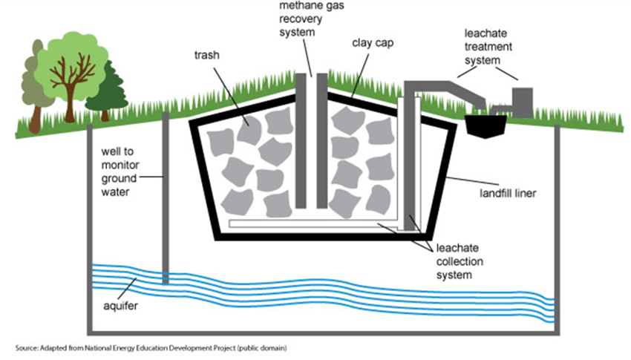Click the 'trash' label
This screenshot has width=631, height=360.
pyautogui.click(x=207, y=55)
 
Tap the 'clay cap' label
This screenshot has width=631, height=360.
pyautogui.click(x=373, y=43)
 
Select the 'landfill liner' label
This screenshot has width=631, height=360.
pyautogui.click(x=508, y=194)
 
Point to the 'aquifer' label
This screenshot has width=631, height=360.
pyautogui.click(x=121, y=306)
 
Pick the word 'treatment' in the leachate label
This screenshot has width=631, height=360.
pyautogui.click(x=488, y=47)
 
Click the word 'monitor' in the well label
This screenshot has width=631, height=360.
pyautogui.click(x=120, y=165)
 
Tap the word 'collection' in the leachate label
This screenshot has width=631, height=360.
pyautogui.click(x=460, y=261)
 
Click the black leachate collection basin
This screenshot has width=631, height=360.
pyautogui.click(x=485, y=126)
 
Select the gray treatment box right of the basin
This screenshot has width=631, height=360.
pyautogui.click(x=523, y=102)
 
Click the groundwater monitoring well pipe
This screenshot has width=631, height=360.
pyautogui.click(x=165, y=198)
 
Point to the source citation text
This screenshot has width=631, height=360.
pyautogui.click(x=151, y=348)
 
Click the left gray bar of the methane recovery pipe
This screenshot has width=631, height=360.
pyautogui.click(x=301, y=141)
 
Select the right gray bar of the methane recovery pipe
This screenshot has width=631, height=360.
pyautogui.click(x=322, y=141)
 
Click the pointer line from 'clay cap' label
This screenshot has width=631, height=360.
pyautogui.click(x=361, y=76)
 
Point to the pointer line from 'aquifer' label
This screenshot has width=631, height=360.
pyautogui.click(x=127, y=289)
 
